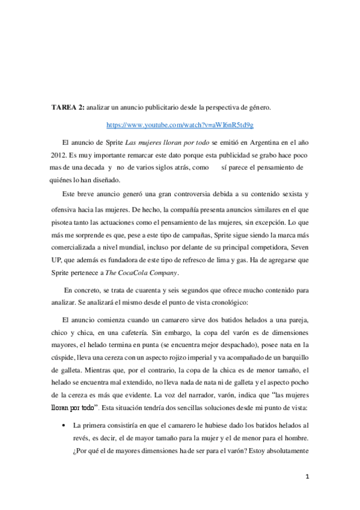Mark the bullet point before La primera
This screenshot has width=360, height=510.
click(x=63, y=407)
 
